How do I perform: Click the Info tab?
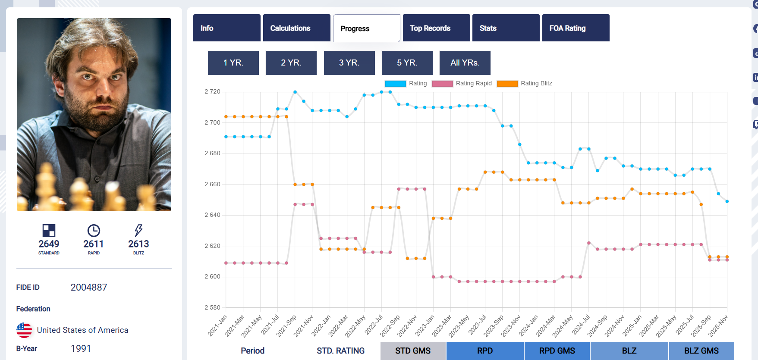[226, 28]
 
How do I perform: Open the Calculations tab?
[296, 28]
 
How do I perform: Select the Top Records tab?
[436, 28]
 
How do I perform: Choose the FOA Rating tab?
[576, 28]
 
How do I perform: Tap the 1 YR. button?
[233, 63]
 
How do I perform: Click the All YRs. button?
[465, 63]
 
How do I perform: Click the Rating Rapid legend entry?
[462, 84]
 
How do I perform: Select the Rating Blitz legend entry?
[525, 84]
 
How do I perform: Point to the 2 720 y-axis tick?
[212, 92]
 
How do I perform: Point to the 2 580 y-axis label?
[212, 307]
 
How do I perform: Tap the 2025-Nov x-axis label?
[718, 326]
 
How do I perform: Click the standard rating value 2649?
[49, 244]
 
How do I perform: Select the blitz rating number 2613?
[138, 244]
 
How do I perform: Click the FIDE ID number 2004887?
[89, 288]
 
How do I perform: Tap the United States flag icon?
[24, 330]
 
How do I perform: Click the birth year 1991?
[81, 348]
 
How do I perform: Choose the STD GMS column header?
[413, 351]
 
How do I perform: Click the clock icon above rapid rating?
[94, 230]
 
